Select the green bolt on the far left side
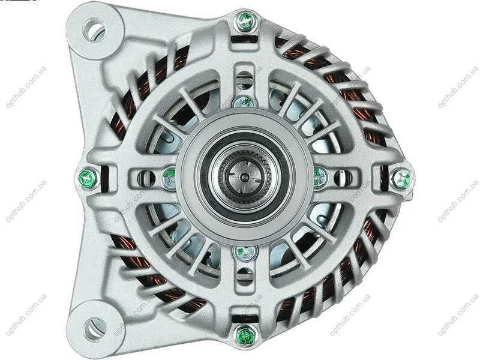pyautogui.click(x=87, y=179)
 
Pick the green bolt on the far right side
pyautogui.click(x=403, y=178)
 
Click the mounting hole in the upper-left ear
pyautogui.click(x=94, y=29)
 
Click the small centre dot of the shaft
pyautogui.click(x=244, y=176)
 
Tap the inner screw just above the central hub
pyautogui.click(x=244, y=101)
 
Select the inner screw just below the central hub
pyautogui.click(x=245, y=253)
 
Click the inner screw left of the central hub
pyautogui.click(x=169, y=178)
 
